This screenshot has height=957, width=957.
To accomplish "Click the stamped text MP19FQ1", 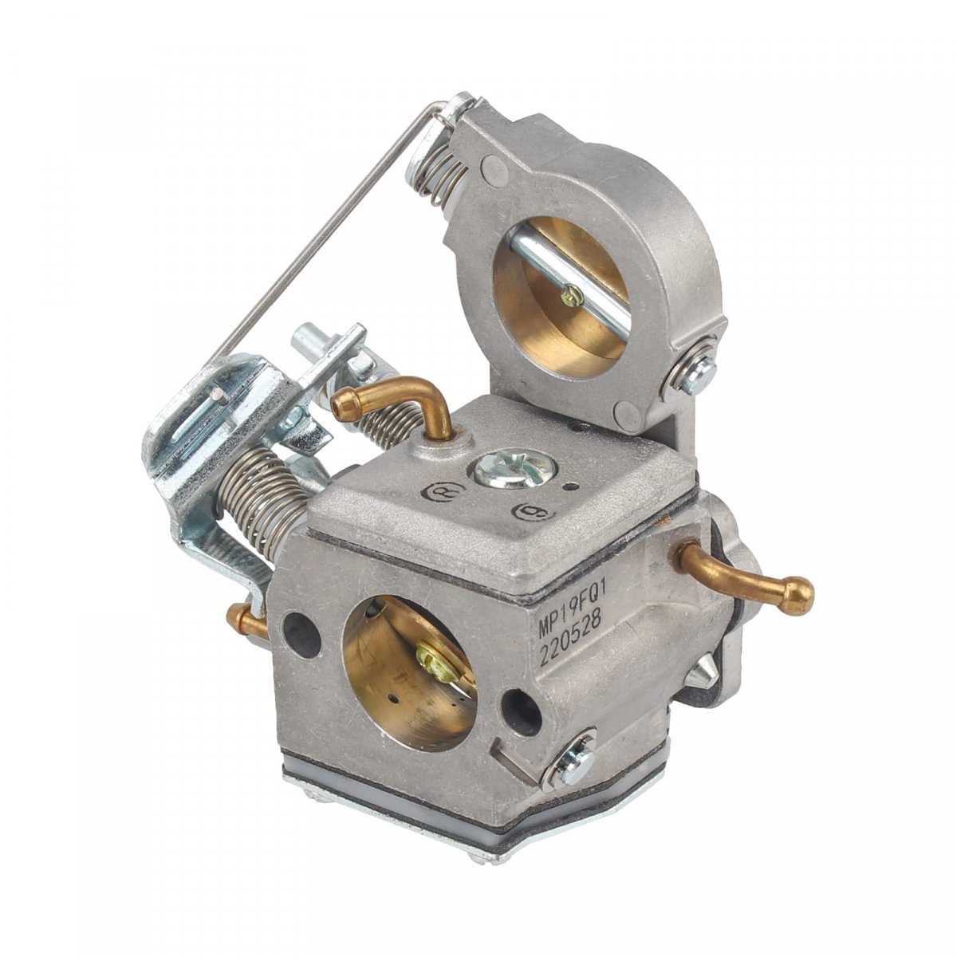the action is (570, 611).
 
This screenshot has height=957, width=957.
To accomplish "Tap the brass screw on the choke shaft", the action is (569, 297).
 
